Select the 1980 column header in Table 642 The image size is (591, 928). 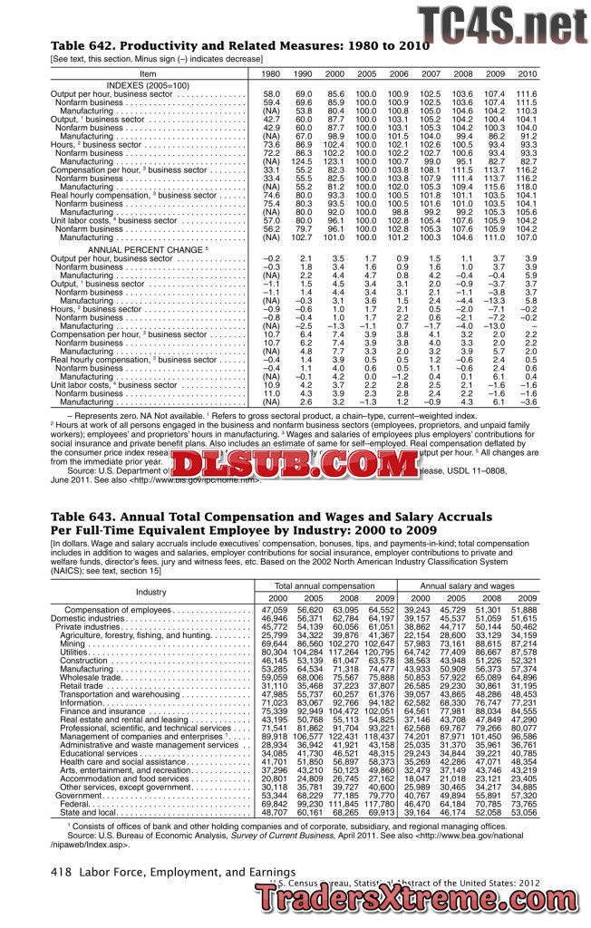click(270, 72)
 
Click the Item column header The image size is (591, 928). click(148, 72)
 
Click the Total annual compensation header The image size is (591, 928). click(324, 587)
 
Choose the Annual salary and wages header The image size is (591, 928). click(467, 587)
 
